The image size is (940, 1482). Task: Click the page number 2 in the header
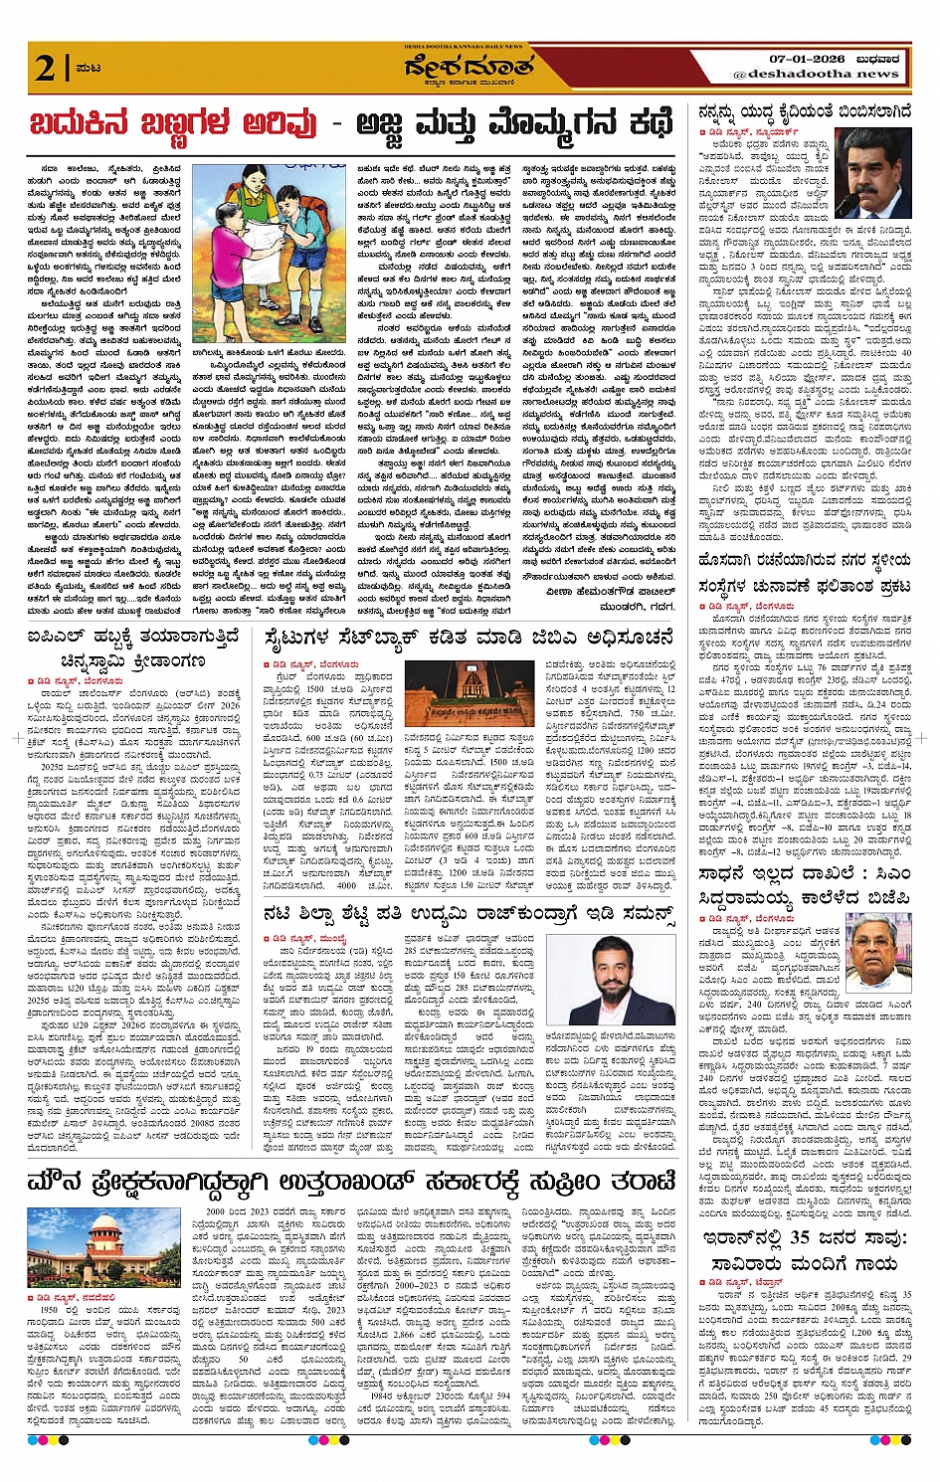45,68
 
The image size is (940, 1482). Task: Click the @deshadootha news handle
815,74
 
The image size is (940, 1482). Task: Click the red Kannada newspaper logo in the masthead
469,69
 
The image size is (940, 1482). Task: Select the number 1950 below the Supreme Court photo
52,1311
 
